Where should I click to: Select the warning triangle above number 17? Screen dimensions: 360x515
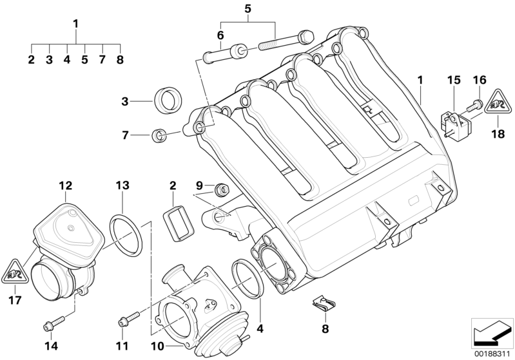pyautogui.click(x=14, y=272)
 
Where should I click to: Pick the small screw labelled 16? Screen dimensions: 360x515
pyautogui.click(x=478, y=103)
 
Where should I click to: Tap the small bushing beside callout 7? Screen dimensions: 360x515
pyautogui.click(x=158, y=135)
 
